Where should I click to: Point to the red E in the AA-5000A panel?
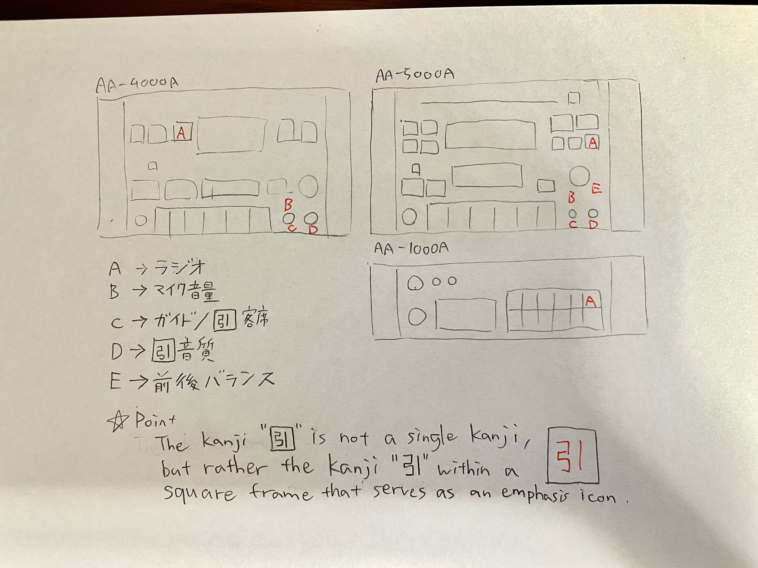tap(596, 188)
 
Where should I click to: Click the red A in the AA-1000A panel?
tap(591, 301)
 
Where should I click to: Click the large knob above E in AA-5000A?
tap(579, 176)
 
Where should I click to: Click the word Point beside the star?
tap(155, 420)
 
